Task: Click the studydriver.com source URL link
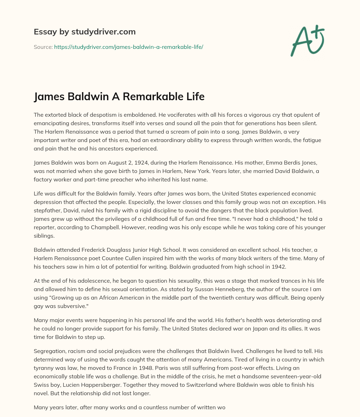[x=128, y=47]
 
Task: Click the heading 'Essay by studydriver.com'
[x=85, y=32]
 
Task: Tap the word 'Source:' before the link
[x=43, y=47]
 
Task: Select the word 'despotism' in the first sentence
[x=101, y=115]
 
